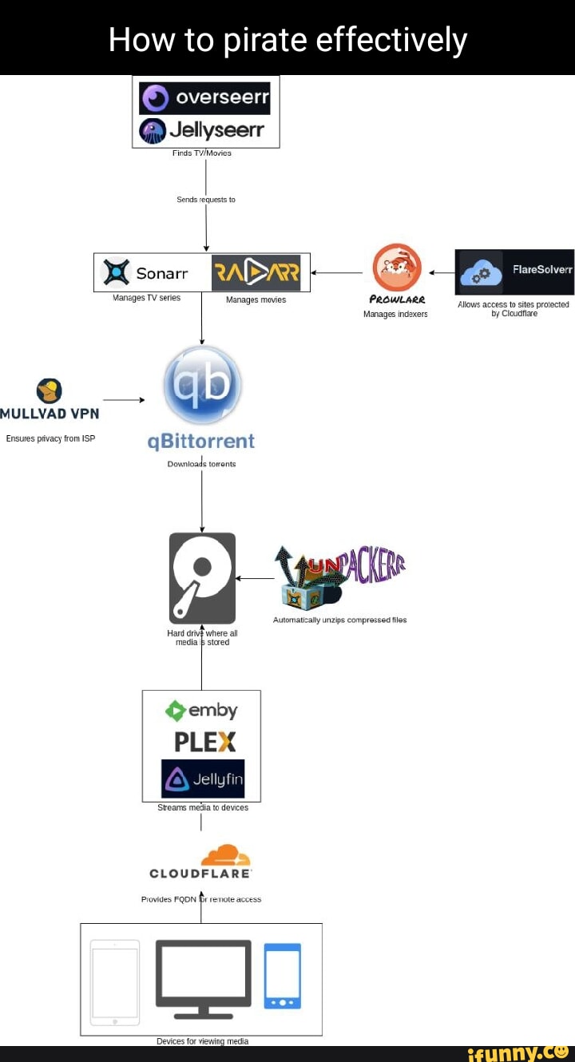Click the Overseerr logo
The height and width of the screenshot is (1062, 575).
click(x=205, y=99)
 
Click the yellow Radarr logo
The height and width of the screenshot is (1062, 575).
click(x=256, y=273)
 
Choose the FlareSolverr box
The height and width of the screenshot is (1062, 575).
click(x=514, y=271)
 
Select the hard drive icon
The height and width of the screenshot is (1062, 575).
click(x=202, y=577)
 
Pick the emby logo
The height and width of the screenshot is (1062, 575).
click(x=201, y=710)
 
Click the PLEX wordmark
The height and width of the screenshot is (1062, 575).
click(x=204, y=742)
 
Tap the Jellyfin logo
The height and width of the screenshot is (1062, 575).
click(x=203, y=779)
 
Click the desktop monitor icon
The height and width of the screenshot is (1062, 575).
click(x=203, y=978)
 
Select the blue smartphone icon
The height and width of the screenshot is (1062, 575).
click(x=283, y=976)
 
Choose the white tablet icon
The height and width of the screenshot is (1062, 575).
click(x=115, y=982)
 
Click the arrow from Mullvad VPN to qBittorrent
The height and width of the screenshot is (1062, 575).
click(x=123, y=399)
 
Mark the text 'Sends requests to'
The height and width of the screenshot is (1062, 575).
click(x=206, y=199)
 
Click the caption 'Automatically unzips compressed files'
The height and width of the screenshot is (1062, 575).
click(x=339, y=620)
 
